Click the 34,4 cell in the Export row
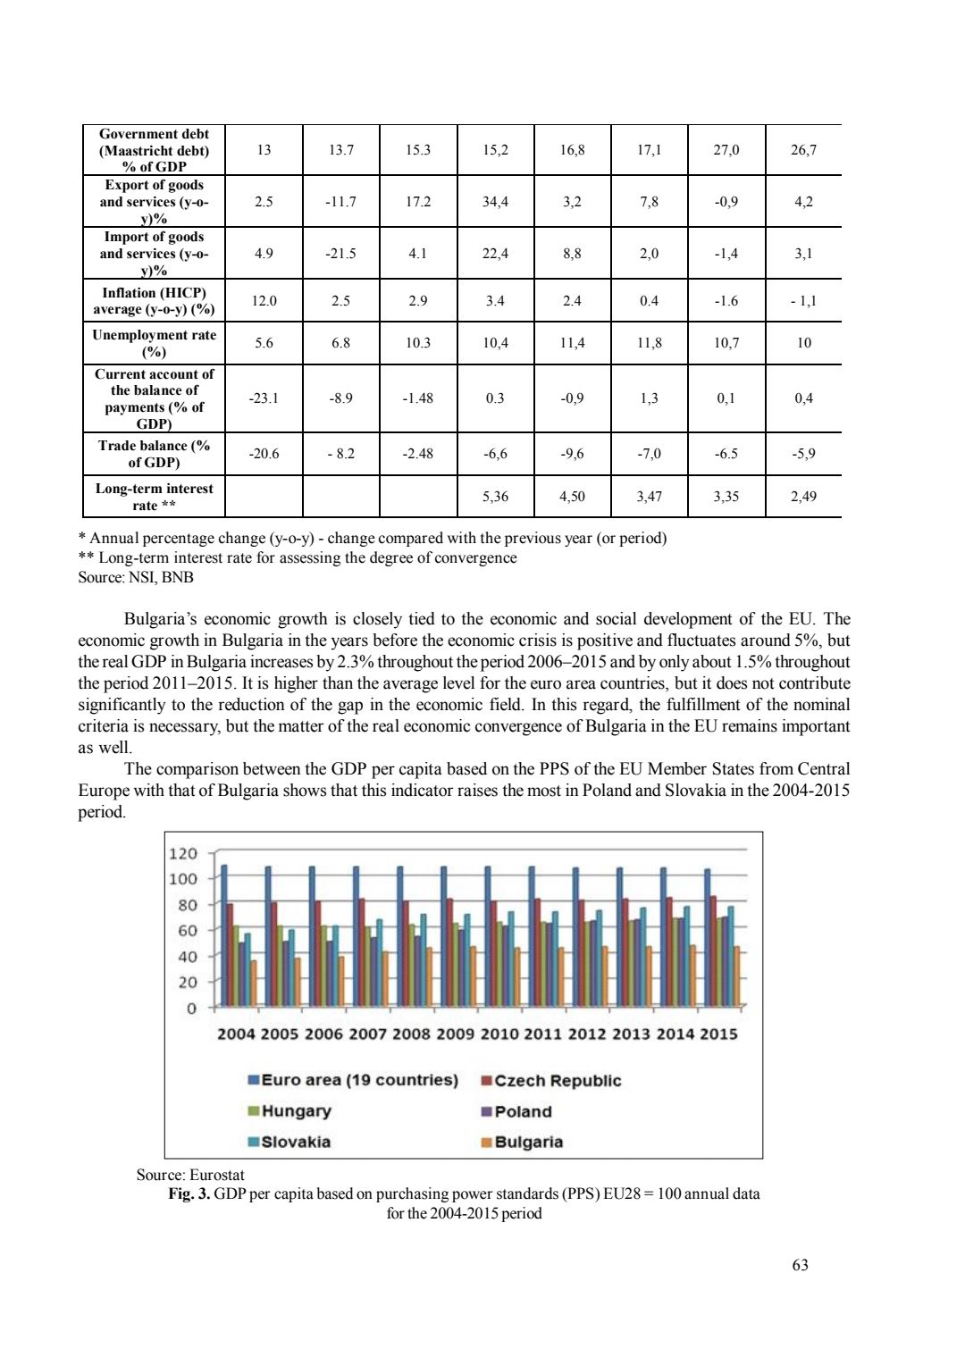tap(495, 202)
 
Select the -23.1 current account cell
tap(264, 398)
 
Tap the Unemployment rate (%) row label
tap(154, 343)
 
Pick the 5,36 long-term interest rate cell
tap(495, 497)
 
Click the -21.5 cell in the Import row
tap(340, 254)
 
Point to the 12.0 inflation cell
tap(264, 301)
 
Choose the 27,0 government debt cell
tap(726, 150)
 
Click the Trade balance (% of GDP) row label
tap(154, 454)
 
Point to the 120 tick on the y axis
tap(183, 854)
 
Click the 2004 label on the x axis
tap(236, 1034)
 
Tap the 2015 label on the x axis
tap(718, 1034)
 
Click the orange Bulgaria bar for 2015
tap(737, 976)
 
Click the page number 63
tap(800, 1265)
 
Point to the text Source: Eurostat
tap(190, 1175)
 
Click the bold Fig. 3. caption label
tap(189, 1194)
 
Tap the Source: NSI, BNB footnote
tap(136, 577)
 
